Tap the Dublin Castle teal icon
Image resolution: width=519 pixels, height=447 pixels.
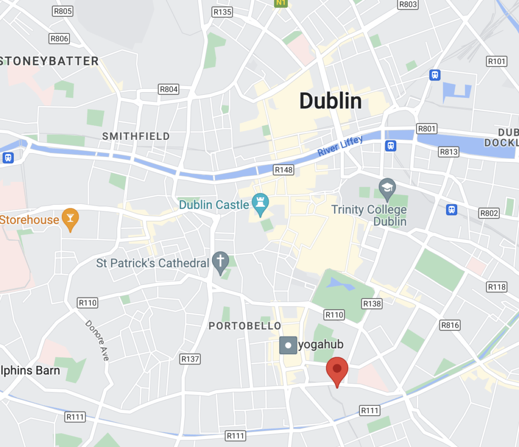click(x=261, y=205)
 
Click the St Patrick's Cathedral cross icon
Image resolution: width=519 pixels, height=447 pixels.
click(x=220, y=263)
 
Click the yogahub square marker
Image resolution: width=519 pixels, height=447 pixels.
click(x=288, y=346)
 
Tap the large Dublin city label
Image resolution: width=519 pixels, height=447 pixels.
click(x=330, y=101)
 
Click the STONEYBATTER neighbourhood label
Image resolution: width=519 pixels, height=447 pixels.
click(x=50, y=61)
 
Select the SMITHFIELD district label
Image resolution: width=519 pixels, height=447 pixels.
click(x=136, y=136)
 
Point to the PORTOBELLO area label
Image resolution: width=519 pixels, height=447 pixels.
click(x=245, y=326)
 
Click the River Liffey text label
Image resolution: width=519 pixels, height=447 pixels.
click(x=340, y=146)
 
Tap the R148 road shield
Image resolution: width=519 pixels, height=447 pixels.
click(x=283, y=170)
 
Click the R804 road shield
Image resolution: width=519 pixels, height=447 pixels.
click(x=169, y=89)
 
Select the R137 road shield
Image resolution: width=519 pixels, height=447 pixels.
click(x=190, y=359)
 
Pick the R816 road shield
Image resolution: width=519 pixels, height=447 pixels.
click(x=450, y=325)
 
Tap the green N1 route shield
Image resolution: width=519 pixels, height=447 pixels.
click(x=281, y=3)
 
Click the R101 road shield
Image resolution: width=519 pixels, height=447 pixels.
click(x=496, y=61)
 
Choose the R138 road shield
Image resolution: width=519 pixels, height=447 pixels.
click(x=372, y=303)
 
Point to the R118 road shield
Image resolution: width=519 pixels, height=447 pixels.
click(x=496, y=287)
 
